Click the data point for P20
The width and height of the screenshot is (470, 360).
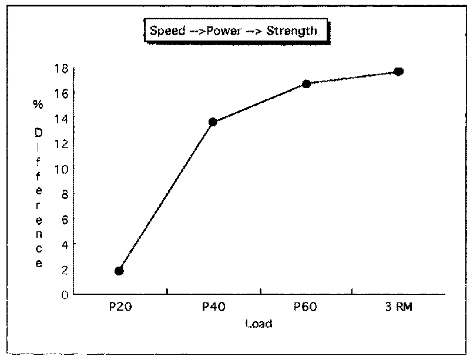(119, 271)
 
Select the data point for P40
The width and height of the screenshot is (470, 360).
(213, 122)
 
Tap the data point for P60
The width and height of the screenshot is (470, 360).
(306, 84)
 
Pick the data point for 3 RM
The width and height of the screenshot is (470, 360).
(398, 72)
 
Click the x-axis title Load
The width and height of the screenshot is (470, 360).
(259, 324)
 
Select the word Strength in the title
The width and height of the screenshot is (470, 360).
(292, 31)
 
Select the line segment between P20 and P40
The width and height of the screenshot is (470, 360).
(166, 196)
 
